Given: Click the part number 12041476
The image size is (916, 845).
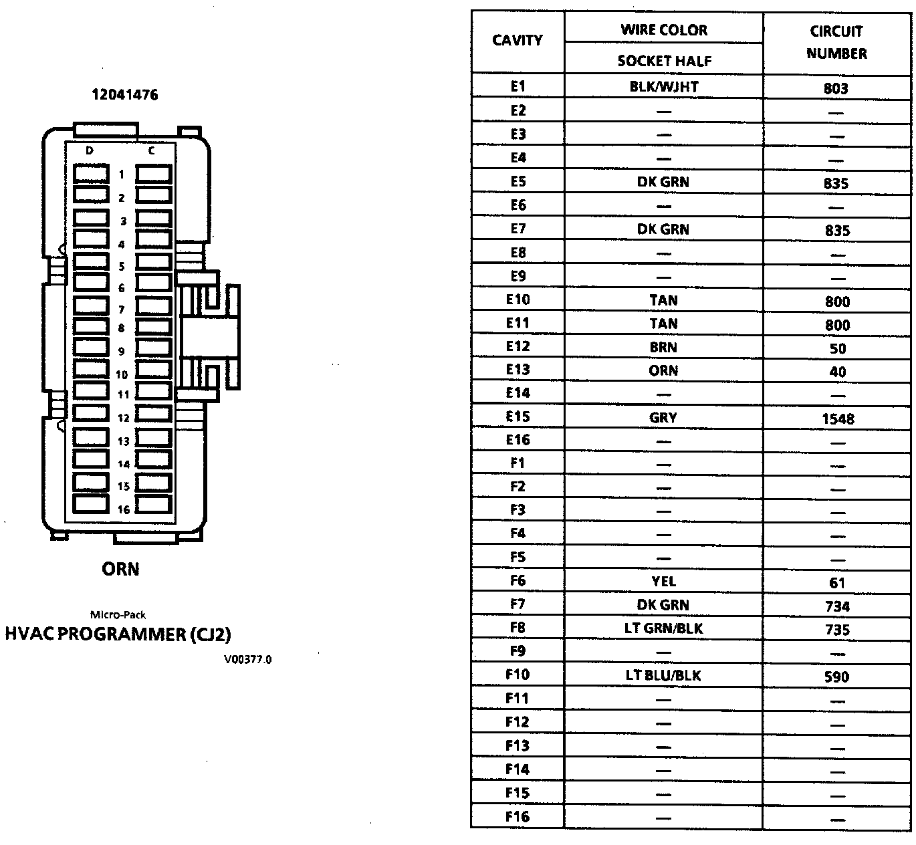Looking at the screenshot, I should click(x=125, y=95).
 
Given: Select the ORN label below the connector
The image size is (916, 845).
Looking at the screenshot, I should click(x=120, y=569).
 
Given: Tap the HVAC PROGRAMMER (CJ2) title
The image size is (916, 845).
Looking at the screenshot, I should click(x=118, y=634).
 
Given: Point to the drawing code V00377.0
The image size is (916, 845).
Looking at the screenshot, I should click(x=248, y=660).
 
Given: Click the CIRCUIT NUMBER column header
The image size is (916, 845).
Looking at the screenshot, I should click(x=836, y=42).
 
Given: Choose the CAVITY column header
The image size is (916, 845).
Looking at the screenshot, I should click(x=517, y=40).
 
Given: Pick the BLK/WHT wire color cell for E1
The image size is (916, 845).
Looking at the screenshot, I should click(x=663, y=87).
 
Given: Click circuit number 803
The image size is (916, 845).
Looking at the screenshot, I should click(x=836, y=88).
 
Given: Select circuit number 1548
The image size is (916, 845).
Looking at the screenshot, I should click(x=837, y=419).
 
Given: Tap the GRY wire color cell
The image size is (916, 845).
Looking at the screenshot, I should click(x=663, y=418).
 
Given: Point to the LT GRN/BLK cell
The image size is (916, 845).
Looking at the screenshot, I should click(x=663, y=628).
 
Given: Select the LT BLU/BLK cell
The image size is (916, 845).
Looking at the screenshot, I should click(x=663, y=676).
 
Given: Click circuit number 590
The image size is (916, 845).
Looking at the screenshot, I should click(x=837, y=677).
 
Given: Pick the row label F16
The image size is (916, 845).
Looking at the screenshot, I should click(x=518, y=816).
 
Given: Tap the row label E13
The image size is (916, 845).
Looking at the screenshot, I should click(x=518, y=370).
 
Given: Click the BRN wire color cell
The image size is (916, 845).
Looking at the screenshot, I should click(x=663, y=348).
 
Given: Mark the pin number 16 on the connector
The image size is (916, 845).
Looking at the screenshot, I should click(x=124, y=509).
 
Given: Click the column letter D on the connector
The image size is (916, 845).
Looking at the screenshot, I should click(x=90, y=151).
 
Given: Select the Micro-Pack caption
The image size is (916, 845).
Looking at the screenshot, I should click(x=118, y=614).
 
